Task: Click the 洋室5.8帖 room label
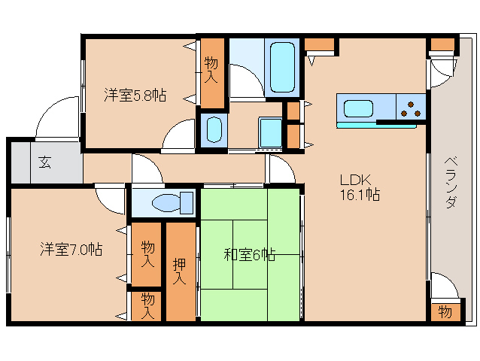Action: click(x=135, y=96)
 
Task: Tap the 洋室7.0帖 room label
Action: click(x=71, y=249)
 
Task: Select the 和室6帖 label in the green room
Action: click(x=249, y=254)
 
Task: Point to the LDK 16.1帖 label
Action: click(x=359, y=187)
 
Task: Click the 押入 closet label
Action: click(x=180, y=272)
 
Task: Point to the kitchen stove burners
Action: click(x=412, y=108)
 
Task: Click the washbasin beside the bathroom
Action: click(x=213, y=129)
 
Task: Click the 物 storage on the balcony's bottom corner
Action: click(x=444, y=311)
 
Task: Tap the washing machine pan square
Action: click(x=270, y=133)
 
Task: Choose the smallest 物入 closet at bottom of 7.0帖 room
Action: click(x=147, y=305)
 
